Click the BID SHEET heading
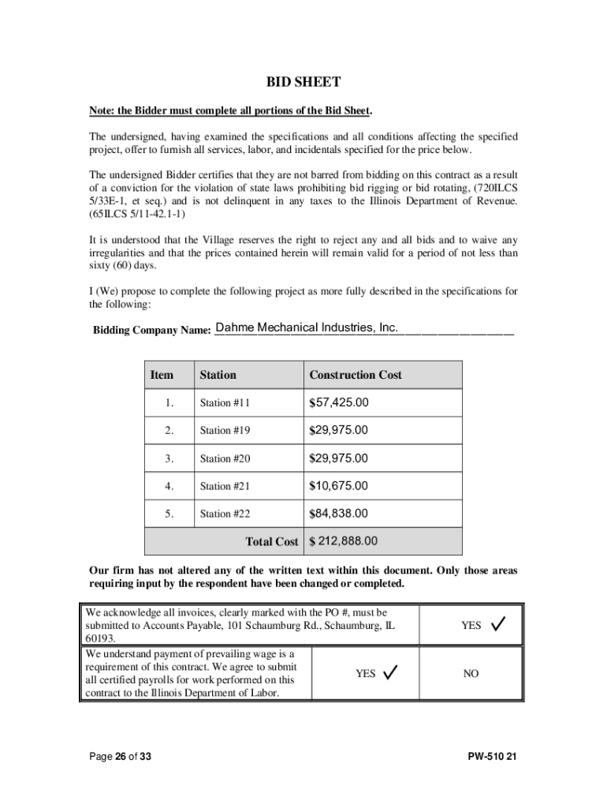[x=303, y=82]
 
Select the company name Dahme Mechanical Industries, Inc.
[x=307, y=327]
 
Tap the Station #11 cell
[x=225, y=403]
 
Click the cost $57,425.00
[x=339, y=403]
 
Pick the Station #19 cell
[x=225, y=431]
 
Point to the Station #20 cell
[x=225, y=458]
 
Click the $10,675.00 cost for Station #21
[x=339, y=486]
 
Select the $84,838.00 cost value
[x=339, y=514]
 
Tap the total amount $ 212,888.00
[x=344, y=541]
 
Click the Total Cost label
[x=272, y=542]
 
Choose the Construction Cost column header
[x=356, y=375]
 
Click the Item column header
[x=162, y=375]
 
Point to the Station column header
[x=218, y=375]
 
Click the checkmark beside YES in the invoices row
[x=498, y=624]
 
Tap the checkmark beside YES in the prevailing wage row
[x=389, y=672]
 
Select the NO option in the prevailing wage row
[x=471, y=674]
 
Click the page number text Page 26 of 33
[x=120, y=757]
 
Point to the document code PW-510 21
[x=492, y=757]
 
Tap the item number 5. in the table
[x=169, y=514]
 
